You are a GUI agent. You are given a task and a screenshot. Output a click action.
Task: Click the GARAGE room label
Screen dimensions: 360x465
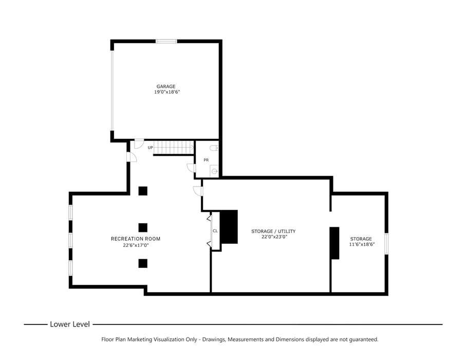[x=166, y=86]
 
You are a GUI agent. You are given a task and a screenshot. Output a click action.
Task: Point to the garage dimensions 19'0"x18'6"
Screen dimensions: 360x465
[x=166, y=92]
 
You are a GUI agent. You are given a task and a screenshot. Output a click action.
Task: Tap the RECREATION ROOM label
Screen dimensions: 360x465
[x=136, y=239]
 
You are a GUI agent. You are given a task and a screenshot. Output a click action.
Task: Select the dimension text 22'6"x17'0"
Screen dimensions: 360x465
[x=136, y=245]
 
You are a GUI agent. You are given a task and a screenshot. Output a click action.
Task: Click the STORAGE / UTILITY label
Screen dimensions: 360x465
[x=273, y=231]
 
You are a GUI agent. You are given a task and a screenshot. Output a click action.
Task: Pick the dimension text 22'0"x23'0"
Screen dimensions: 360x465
[x=273, y=237]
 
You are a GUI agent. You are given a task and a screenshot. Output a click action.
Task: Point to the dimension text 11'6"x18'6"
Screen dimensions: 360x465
[x=362, y=244]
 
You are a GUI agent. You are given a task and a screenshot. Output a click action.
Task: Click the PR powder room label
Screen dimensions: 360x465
[x=206, y=160]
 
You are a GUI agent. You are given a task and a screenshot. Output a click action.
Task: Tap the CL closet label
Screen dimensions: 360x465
[x=215, y=231]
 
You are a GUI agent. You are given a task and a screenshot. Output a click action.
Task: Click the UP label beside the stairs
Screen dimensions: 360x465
[x=150, y=148]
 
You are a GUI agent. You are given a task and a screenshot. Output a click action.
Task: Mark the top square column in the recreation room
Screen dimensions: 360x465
[x=143, y=191]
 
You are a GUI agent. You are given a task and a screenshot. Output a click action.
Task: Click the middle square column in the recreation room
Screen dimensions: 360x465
[x=143, y=227]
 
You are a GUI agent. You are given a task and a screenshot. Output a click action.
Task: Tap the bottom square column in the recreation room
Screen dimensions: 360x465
[x=143, y=263]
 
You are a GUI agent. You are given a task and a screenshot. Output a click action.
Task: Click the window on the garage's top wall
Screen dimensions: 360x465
[x=166, y=41]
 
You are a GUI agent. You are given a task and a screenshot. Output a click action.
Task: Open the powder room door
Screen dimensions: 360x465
[x=191, y=168]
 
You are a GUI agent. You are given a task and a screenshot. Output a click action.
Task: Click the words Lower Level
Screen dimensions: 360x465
[x=70, y=324]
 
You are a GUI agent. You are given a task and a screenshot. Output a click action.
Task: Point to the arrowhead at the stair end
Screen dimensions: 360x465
[x=192, y=148]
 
